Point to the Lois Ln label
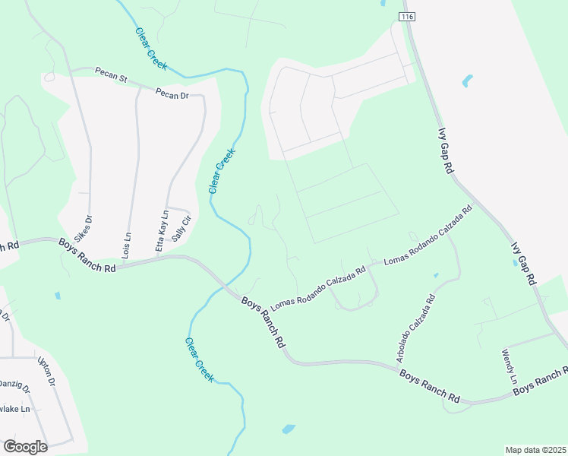tap(127, 247)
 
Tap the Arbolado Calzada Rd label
tap(415, 328)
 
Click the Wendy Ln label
tap(509, 366)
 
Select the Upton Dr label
tap(47, 372)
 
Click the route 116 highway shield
tap(408, 17)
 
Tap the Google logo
tap(25, 447)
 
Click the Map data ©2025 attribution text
tap(535, 450)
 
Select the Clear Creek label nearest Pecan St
tap(151, 49)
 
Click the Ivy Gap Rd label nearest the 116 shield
tap(446, 151)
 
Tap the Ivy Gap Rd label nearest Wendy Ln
tap(524, 263)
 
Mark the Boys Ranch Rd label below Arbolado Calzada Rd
tap(430, 386)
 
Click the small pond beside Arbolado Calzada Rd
tap(436, 275)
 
